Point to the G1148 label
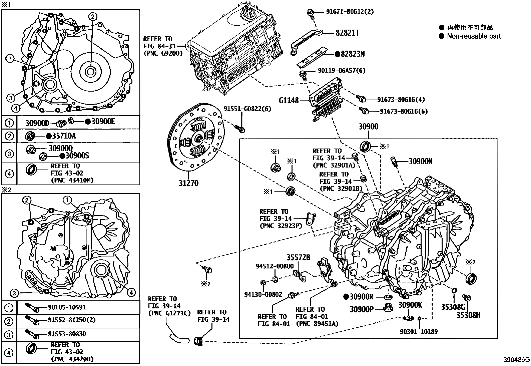tap(289, 100)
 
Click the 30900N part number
tap(421, 162)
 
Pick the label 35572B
tap(298, 257)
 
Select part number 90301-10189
tap(419, 332)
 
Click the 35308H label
tap(468, 315)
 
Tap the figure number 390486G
tap(516, 360)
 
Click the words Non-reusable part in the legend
tap(474, 36)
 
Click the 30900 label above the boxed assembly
tap(368, 127)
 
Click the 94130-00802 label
tap(263, 295)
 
